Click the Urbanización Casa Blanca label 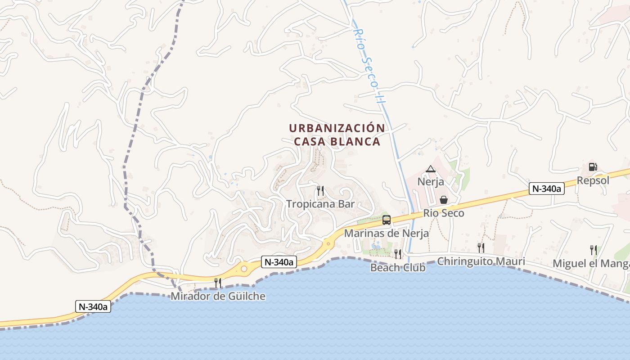tap(337, 135)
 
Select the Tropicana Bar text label tap(320, 204)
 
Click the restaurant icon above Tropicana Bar tap(320, 191)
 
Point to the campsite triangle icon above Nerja tap(431, 169)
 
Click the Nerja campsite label tap(431, 182)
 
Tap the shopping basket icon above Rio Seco tap(444, 200)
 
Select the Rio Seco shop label tap(444, 213)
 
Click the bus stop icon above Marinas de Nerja tap(387, 220)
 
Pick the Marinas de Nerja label tap(387, 234)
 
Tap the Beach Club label tap(398, 268)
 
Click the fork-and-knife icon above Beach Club tap(398, 254)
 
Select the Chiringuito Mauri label tap(481, 261)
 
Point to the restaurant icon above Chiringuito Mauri tap(481, 247)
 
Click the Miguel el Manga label tap(591, 263)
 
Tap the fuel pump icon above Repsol tap(593, 167)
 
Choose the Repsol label tap(593, 180)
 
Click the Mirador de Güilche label tap(218, 297)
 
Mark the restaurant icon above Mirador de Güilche tap(218, 283)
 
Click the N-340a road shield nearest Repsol tap(546, 189)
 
